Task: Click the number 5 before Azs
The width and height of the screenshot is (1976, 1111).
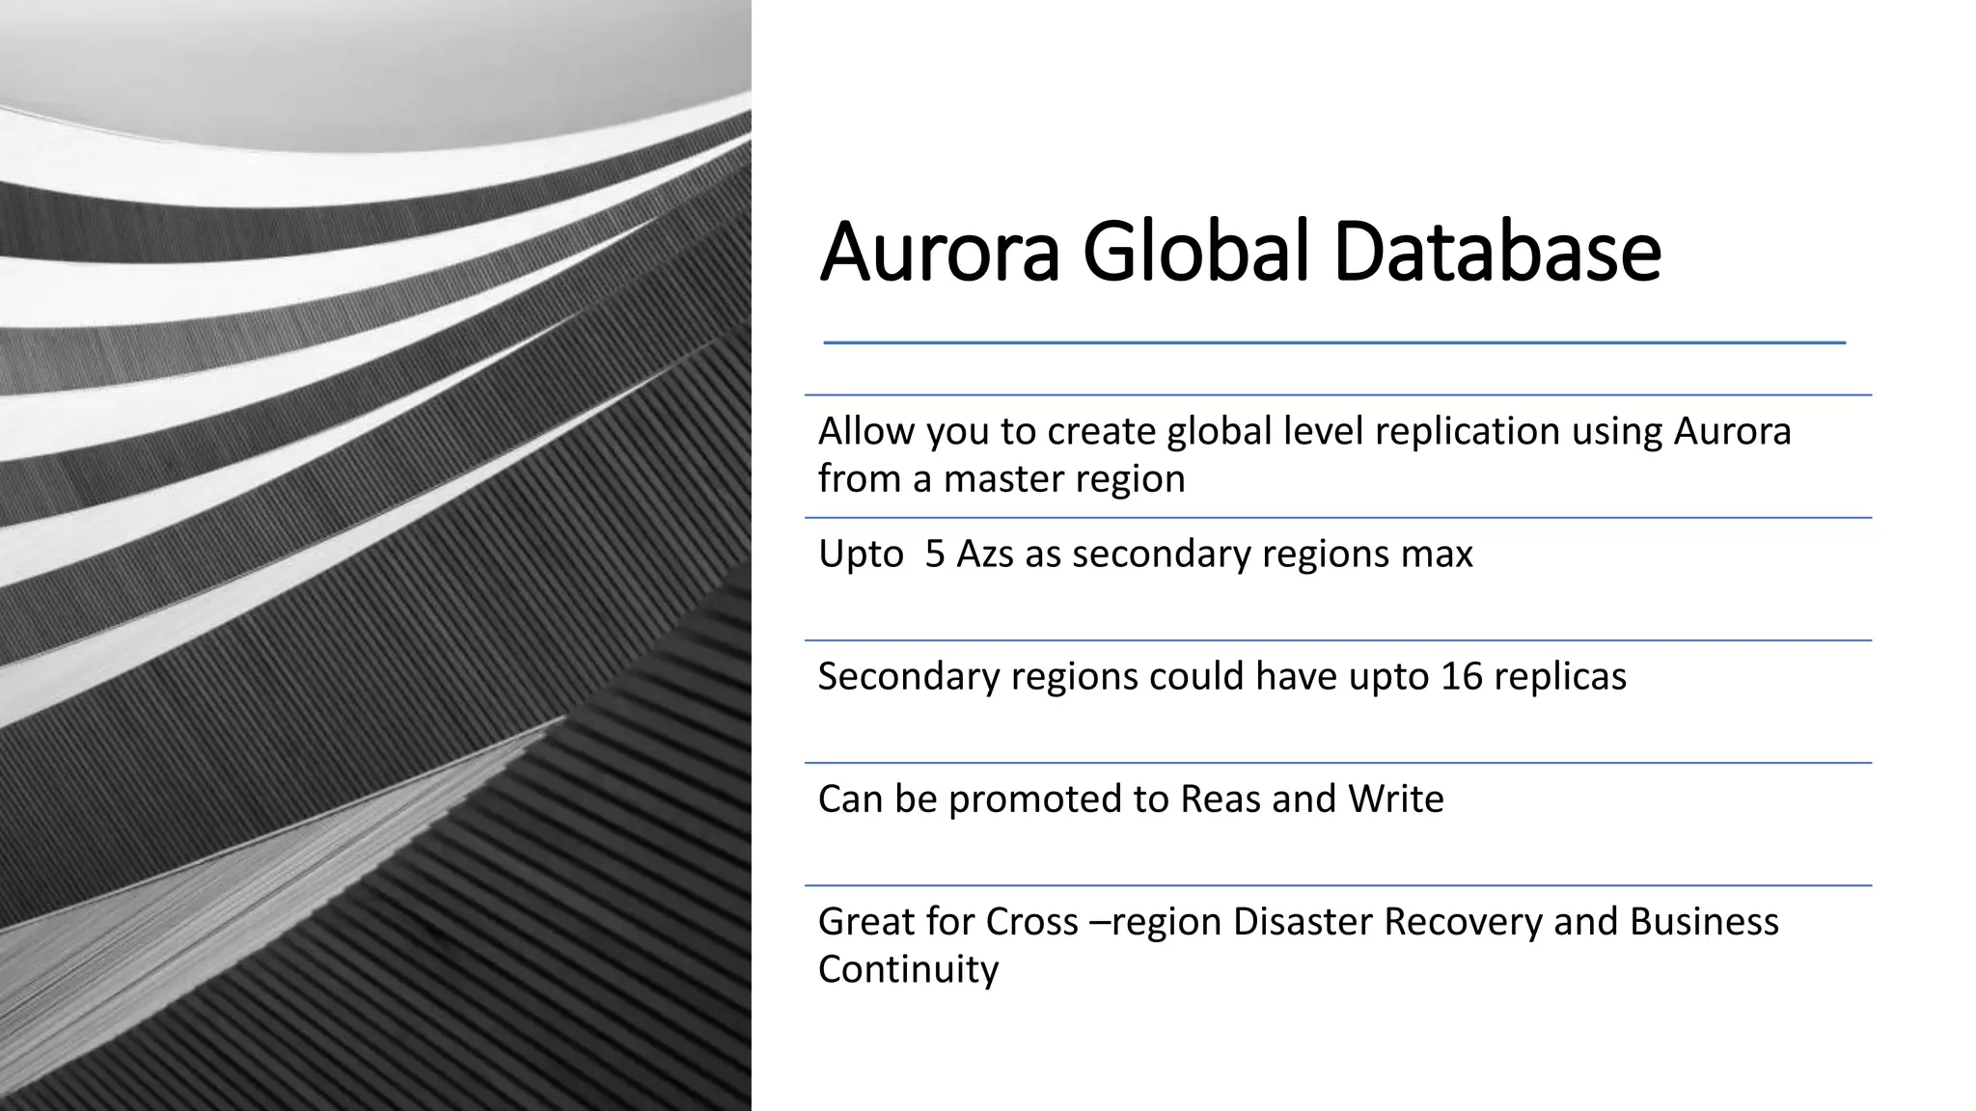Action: tap(934, 555)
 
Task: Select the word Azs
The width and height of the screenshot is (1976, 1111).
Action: tap(984, 555)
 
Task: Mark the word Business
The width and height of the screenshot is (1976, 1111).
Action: tap(1704, 922)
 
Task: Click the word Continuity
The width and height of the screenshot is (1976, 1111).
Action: tap(908, 969)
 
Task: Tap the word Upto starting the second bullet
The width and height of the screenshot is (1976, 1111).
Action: tap(861, 555)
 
